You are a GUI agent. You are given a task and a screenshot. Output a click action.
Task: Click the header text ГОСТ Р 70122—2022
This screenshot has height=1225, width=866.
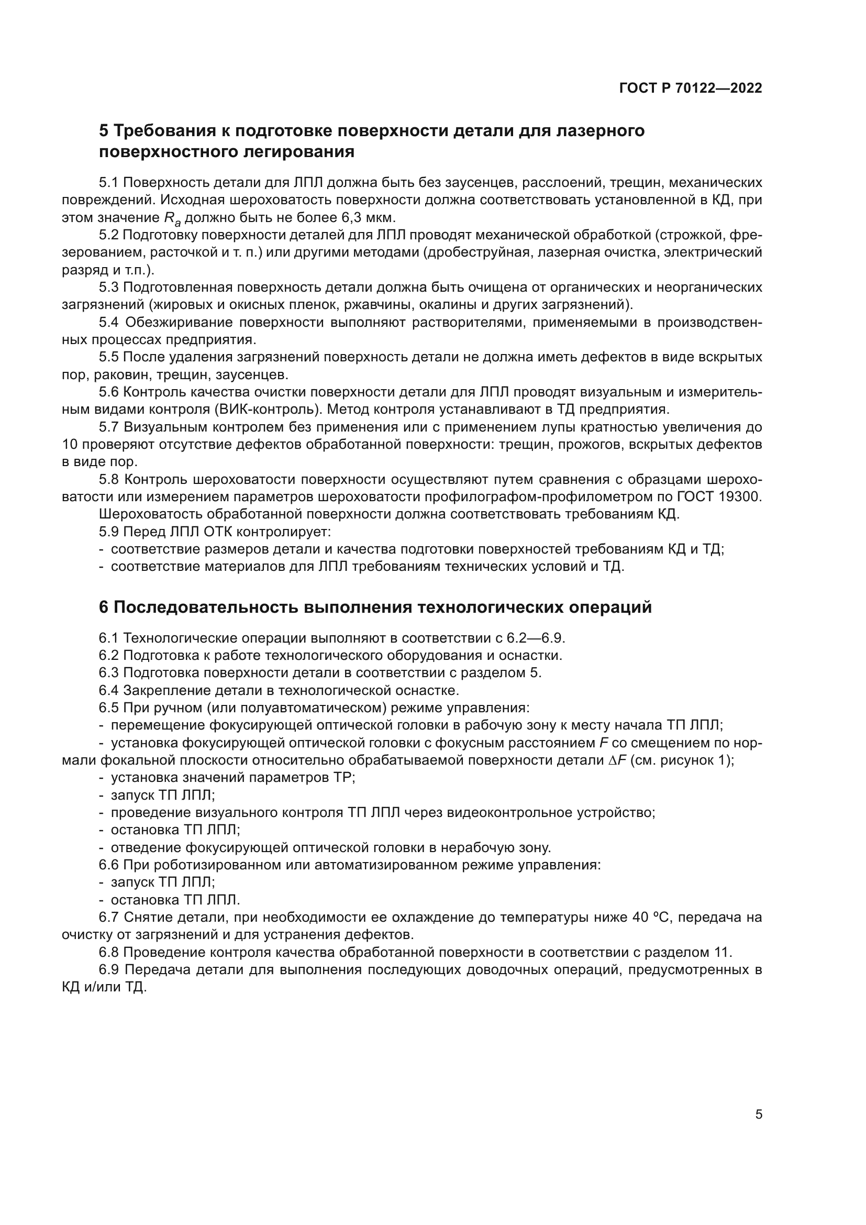pyautogui.click(x=691, y=89)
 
